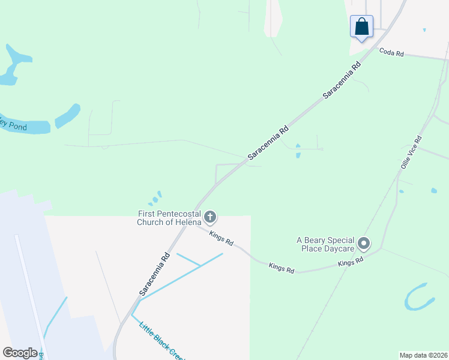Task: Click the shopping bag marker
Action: (x=361, y=27)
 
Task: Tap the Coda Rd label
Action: (x=391, y=53)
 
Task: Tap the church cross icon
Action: (x=210, y=217)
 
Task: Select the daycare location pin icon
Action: (x=364, y=244)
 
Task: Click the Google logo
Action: (x=20, y=353)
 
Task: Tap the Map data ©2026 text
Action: (x=423, y=355)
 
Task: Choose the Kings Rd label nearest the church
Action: (x=221, y=238)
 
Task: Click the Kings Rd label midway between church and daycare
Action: (x=282, y=268)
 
